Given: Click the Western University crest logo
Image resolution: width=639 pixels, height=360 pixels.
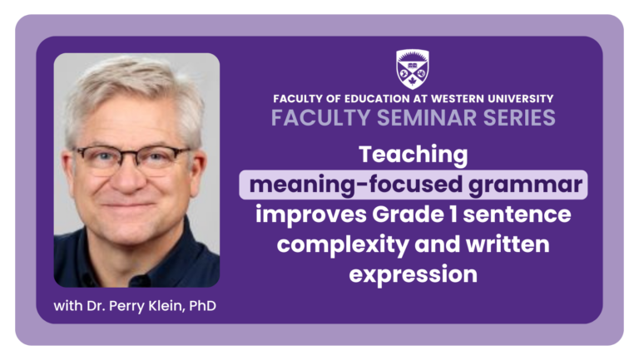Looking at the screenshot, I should [x=413, y=68].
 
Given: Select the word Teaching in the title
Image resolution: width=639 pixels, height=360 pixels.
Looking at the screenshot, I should [x=413, y=155].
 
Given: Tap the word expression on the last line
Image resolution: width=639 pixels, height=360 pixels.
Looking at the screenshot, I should [x=413, y=274].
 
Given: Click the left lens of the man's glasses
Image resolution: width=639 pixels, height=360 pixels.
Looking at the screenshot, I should [x=104, y=158].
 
